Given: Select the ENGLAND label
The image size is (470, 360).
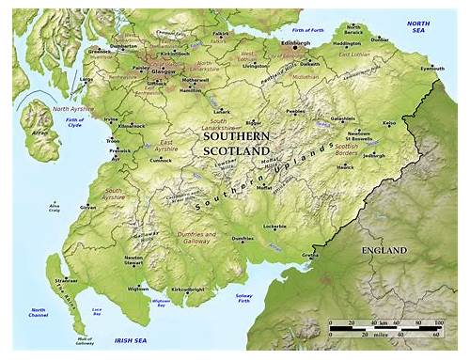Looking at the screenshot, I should point(383,251).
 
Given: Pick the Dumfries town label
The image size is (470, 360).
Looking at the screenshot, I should point(243,239).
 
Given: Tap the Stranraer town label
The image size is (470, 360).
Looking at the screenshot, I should point(66,280).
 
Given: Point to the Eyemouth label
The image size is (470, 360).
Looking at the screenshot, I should point(432,68).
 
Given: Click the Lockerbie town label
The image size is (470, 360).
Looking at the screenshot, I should point(274,227).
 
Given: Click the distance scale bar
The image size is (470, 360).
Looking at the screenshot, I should point(385,328).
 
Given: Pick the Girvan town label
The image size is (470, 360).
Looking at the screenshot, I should point(88,206).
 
